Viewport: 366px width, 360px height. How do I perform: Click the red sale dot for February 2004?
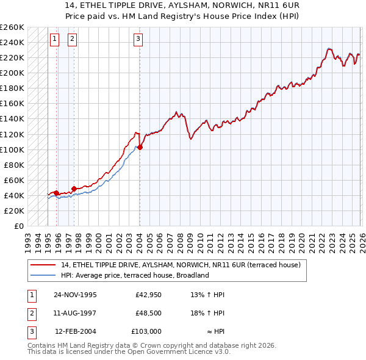[x=140, y=147]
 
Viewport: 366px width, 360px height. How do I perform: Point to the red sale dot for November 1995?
[x=57, y=193]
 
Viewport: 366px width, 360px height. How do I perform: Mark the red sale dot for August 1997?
[x=74, y=189]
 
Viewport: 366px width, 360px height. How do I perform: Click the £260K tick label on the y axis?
[x=12, y=27]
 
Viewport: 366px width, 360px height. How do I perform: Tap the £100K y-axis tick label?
[x=12, y=149]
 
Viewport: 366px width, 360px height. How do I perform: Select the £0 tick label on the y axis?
[x=19, y=226]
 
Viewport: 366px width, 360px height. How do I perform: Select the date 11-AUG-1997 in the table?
[x=75, y=313]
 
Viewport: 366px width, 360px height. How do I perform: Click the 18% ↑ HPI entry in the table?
[x=208, y=313]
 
